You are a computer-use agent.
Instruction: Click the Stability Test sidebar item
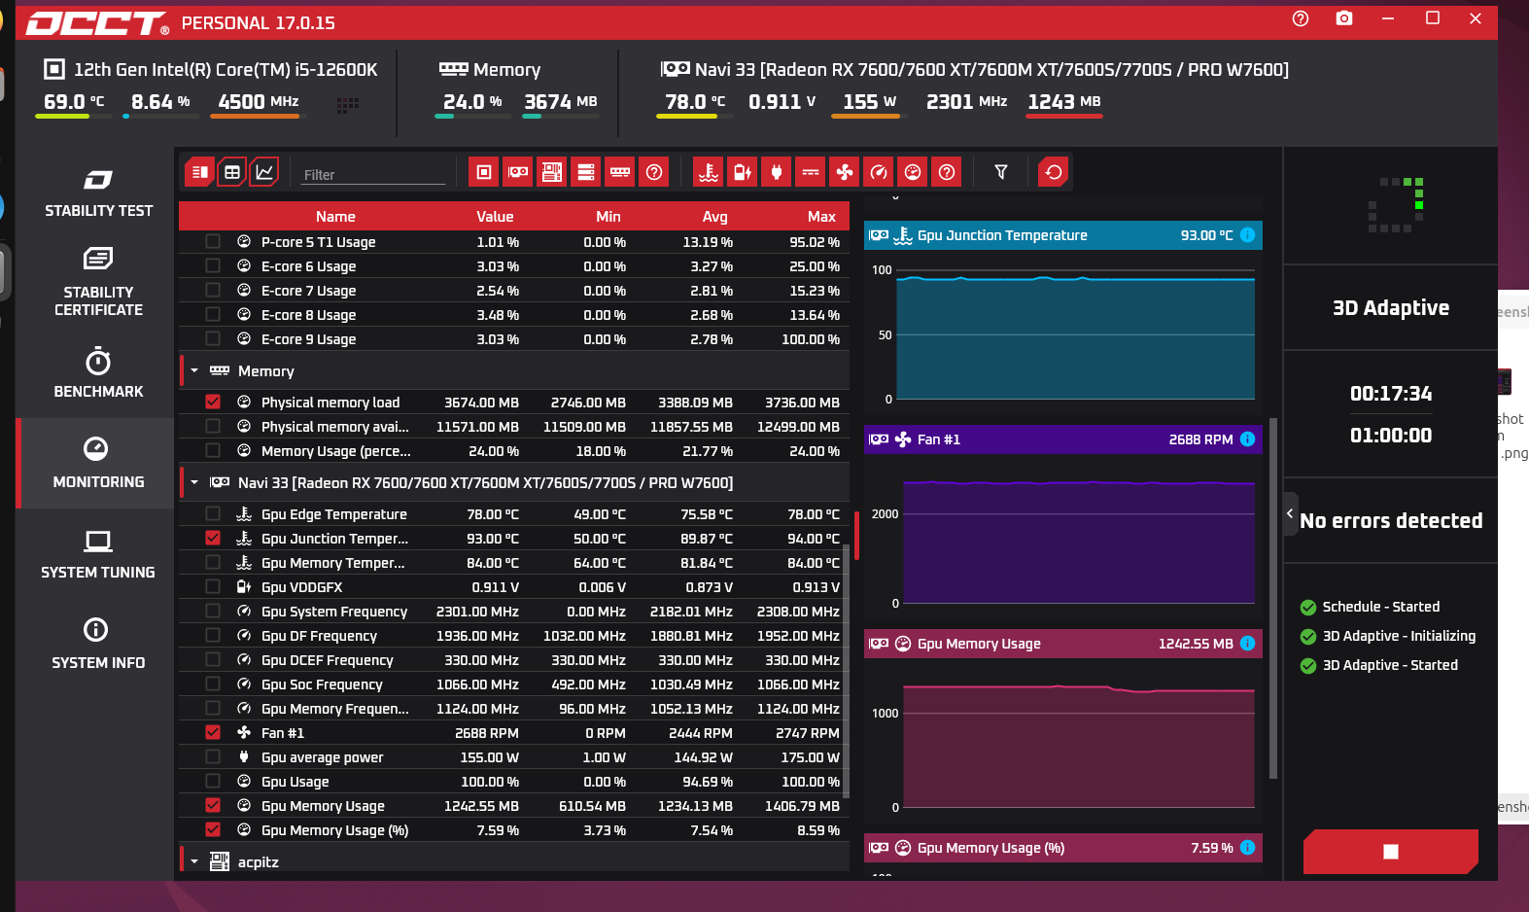[98, 193]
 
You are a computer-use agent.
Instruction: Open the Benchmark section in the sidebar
[98, 372]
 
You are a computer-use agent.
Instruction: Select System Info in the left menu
[98, 644]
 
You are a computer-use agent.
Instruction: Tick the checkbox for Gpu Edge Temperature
[213, 513]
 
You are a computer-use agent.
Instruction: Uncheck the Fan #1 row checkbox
[213, 732]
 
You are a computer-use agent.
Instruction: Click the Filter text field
[373, 175]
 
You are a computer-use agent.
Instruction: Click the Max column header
[821, 217]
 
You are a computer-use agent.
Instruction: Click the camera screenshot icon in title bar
[1343, 19]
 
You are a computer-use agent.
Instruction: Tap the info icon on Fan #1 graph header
[1247, 438]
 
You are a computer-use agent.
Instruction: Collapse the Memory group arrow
[194, 370]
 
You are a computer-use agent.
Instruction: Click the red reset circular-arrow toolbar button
[1054, 172]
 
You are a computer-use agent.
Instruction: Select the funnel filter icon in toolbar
[1000, 172]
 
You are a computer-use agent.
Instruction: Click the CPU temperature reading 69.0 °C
[74, 102]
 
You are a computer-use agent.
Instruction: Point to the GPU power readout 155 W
[869, 102]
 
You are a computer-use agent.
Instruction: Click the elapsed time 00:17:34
[1390, 394]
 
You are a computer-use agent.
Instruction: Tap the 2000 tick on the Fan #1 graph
[885, 514]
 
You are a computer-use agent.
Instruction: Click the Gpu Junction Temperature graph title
[1001, 235]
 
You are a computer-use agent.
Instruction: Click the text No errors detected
[1390, 521]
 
